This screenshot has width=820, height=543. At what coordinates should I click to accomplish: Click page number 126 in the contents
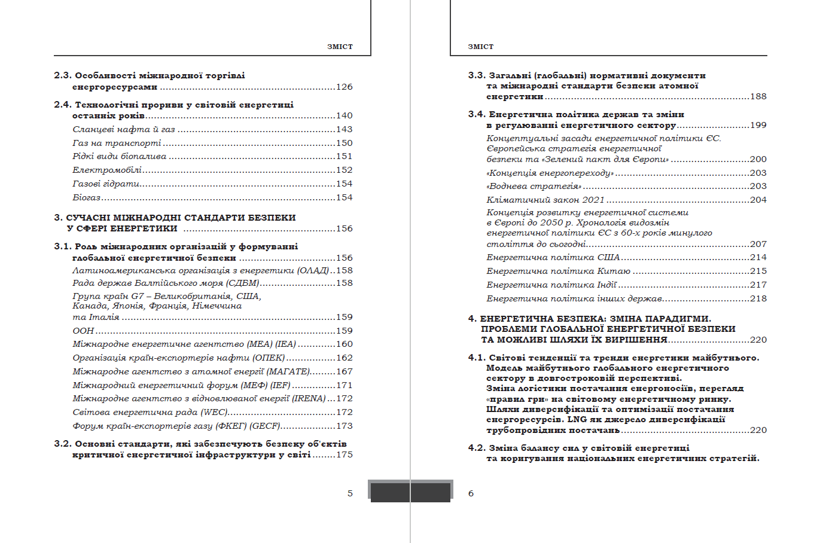(x=344, y=87)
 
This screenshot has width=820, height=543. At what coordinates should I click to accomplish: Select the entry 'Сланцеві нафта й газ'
(x=124, y=129)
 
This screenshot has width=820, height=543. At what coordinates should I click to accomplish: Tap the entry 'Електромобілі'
(x=107, y=170)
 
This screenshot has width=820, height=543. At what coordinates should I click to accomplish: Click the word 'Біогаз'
(x=87, y=197)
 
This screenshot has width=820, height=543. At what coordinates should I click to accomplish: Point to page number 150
(x=344, y=143)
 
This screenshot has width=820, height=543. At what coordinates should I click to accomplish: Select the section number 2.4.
(x=62, y=105)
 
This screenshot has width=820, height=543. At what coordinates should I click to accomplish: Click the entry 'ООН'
(x=83, y=331)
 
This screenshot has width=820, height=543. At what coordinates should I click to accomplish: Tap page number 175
(x=344, y=454)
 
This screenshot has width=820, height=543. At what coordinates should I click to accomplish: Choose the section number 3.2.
(x=62, y=444)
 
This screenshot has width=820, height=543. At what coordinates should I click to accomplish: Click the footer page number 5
(x=350, y=493)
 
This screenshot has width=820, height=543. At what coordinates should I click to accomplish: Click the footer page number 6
(x=471, y=493)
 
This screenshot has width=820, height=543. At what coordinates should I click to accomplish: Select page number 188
(x=758, y=96)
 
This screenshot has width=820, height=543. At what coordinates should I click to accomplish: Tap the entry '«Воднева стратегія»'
(x=534, y=186)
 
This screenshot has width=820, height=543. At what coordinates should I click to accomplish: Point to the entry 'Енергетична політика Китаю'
(x=558, y=271)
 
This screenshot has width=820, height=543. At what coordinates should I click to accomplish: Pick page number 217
(x=758, y=285)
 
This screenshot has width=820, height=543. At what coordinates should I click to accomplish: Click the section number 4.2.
(x=477, y=448)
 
